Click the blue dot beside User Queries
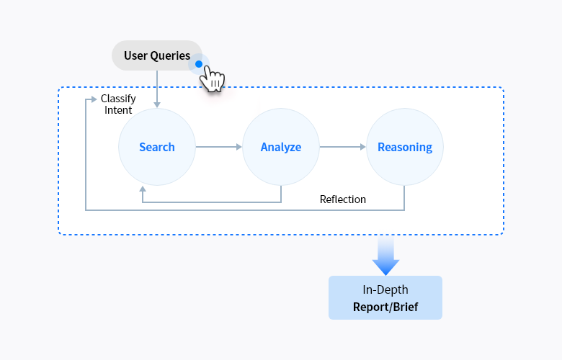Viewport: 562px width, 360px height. (x=199, y=64)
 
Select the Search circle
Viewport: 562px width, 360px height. (x=157, y=147)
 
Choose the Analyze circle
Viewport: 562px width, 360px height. (x=281, y=147)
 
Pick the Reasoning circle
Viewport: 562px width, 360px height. (x=405, y=147)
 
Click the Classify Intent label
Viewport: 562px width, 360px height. (x=117, y=104)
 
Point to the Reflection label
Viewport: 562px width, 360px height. (x=343, y=199)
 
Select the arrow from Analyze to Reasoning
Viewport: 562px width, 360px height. (x=343, y=147)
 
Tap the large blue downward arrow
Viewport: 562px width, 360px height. (x=386, y=257)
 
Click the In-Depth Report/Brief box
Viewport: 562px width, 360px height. (x=385, y=297)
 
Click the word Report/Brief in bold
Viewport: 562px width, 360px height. (x=385, y=306)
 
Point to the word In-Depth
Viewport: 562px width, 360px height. (x=385, y=289)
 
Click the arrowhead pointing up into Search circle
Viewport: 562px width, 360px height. (x=143, y=189)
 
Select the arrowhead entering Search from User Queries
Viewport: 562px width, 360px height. (x=157, y=104)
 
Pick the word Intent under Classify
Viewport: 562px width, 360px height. (x=118, y=110)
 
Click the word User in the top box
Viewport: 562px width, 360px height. (x=135, y=55)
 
